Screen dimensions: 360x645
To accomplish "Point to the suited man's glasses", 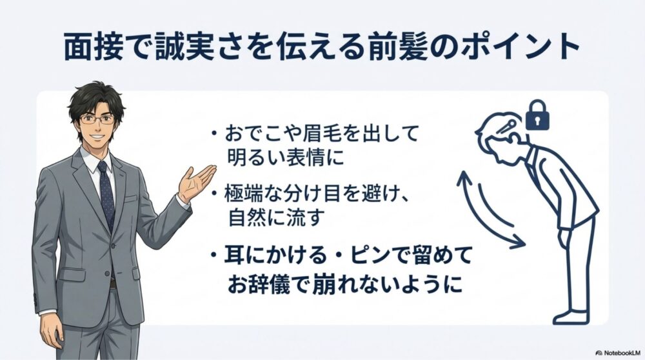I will pos(97,119).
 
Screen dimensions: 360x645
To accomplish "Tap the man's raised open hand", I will pos(197,181).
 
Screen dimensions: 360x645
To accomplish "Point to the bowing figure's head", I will pos(499,129).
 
